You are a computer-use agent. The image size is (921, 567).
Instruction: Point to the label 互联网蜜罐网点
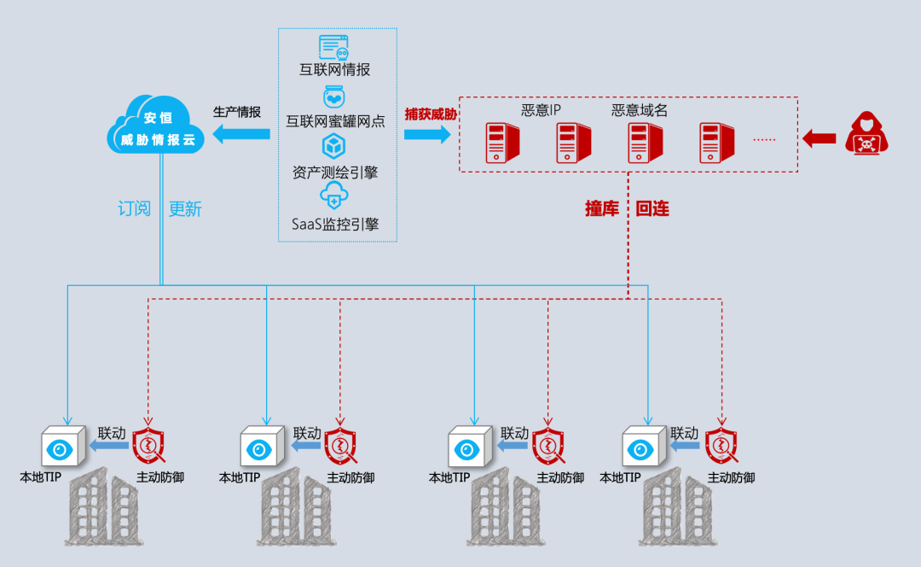[x=335, y=121]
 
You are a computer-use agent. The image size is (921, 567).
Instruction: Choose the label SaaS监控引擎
[x=335, y=225]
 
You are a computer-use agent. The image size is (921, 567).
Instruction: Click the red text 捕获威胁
[x=431, y=114]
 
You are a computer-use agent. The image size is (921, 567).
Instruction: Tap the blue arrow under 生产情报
[x=241, y=133]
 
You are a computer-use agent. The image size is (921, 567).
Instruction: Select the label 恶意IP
[x=542, y=110]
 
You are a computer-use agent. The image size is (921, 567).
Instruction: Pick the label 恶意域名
[x=640, y=110]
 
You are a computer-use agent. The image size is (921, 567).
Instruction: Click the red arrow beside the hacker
[x=820, y=137]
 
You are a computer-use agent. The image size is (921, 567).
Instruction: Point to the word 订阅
[x=134, y=208]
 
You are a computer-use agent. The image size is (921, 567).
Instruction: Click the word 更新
[x=185, y=208]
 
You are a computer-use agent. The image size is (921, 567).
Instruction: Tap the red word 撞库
[x=602, y=208]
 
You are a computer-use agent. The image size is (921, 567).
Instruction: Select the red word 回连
[x=652, y=208]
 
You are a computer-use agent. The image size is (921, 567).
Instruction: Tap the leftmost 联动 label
[x=112, y=433]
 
